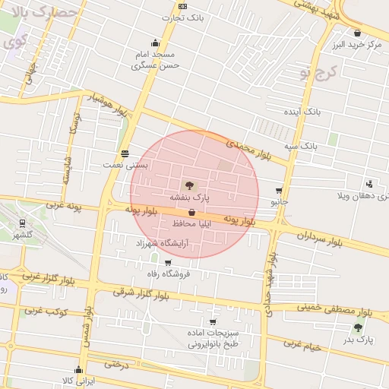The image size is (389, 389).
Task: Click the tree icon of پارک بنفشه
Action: click(188, 185)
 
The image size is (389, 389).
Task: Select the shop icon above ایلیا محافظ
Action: click(191, 213)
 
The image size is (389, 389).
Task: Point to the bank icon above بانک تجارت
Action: click(182, 6)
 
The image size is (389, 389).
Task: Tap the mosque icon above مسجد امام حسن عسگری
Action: click(156, 43)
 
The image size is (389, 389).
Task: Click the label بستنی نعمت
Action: click(126, 164)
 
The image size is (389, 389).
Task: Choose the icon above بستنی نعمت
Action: click(125, 153)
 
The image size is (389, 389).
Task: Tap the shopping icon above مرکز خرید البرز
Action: click(357, 33)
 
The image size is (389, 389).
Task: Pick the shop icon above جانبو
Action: click(280, 191)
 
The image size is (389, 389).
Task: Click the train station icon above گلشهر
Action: click(22, 223)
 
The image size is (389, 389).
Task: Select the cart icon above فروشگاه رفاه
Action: click(167, 262)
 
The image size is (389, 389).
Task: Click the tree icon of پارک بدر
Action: click(358, 327)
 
